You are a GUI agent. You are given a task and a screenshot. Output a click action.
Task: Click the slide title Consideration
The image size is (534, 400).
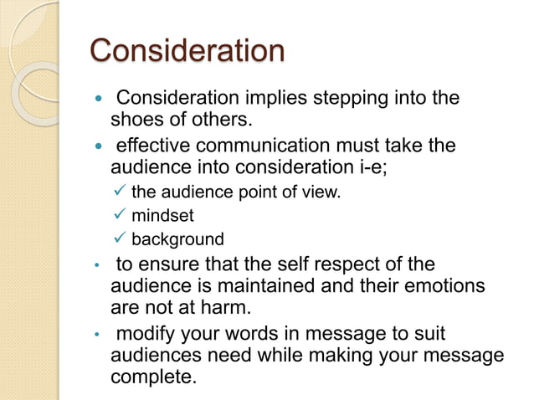[187, 50]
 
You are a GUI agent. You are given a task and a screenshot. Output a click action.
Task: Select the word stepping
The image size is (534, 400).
[312, 99]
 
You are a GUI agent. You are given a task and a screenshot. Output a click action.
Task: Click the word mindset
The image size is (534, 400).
[162, 216]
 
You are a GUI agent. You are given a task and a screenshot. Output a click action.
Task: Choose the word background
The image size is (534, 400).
[178, 239]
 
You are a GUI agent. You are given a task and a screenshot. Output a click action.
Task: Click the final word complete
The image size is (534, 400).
[154, 378]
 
